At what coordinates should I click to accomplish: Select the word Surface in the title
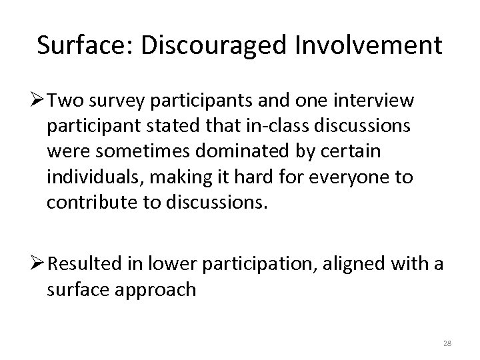pos(75,45)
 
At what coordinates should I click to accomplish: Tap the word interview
pos(377,101)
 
